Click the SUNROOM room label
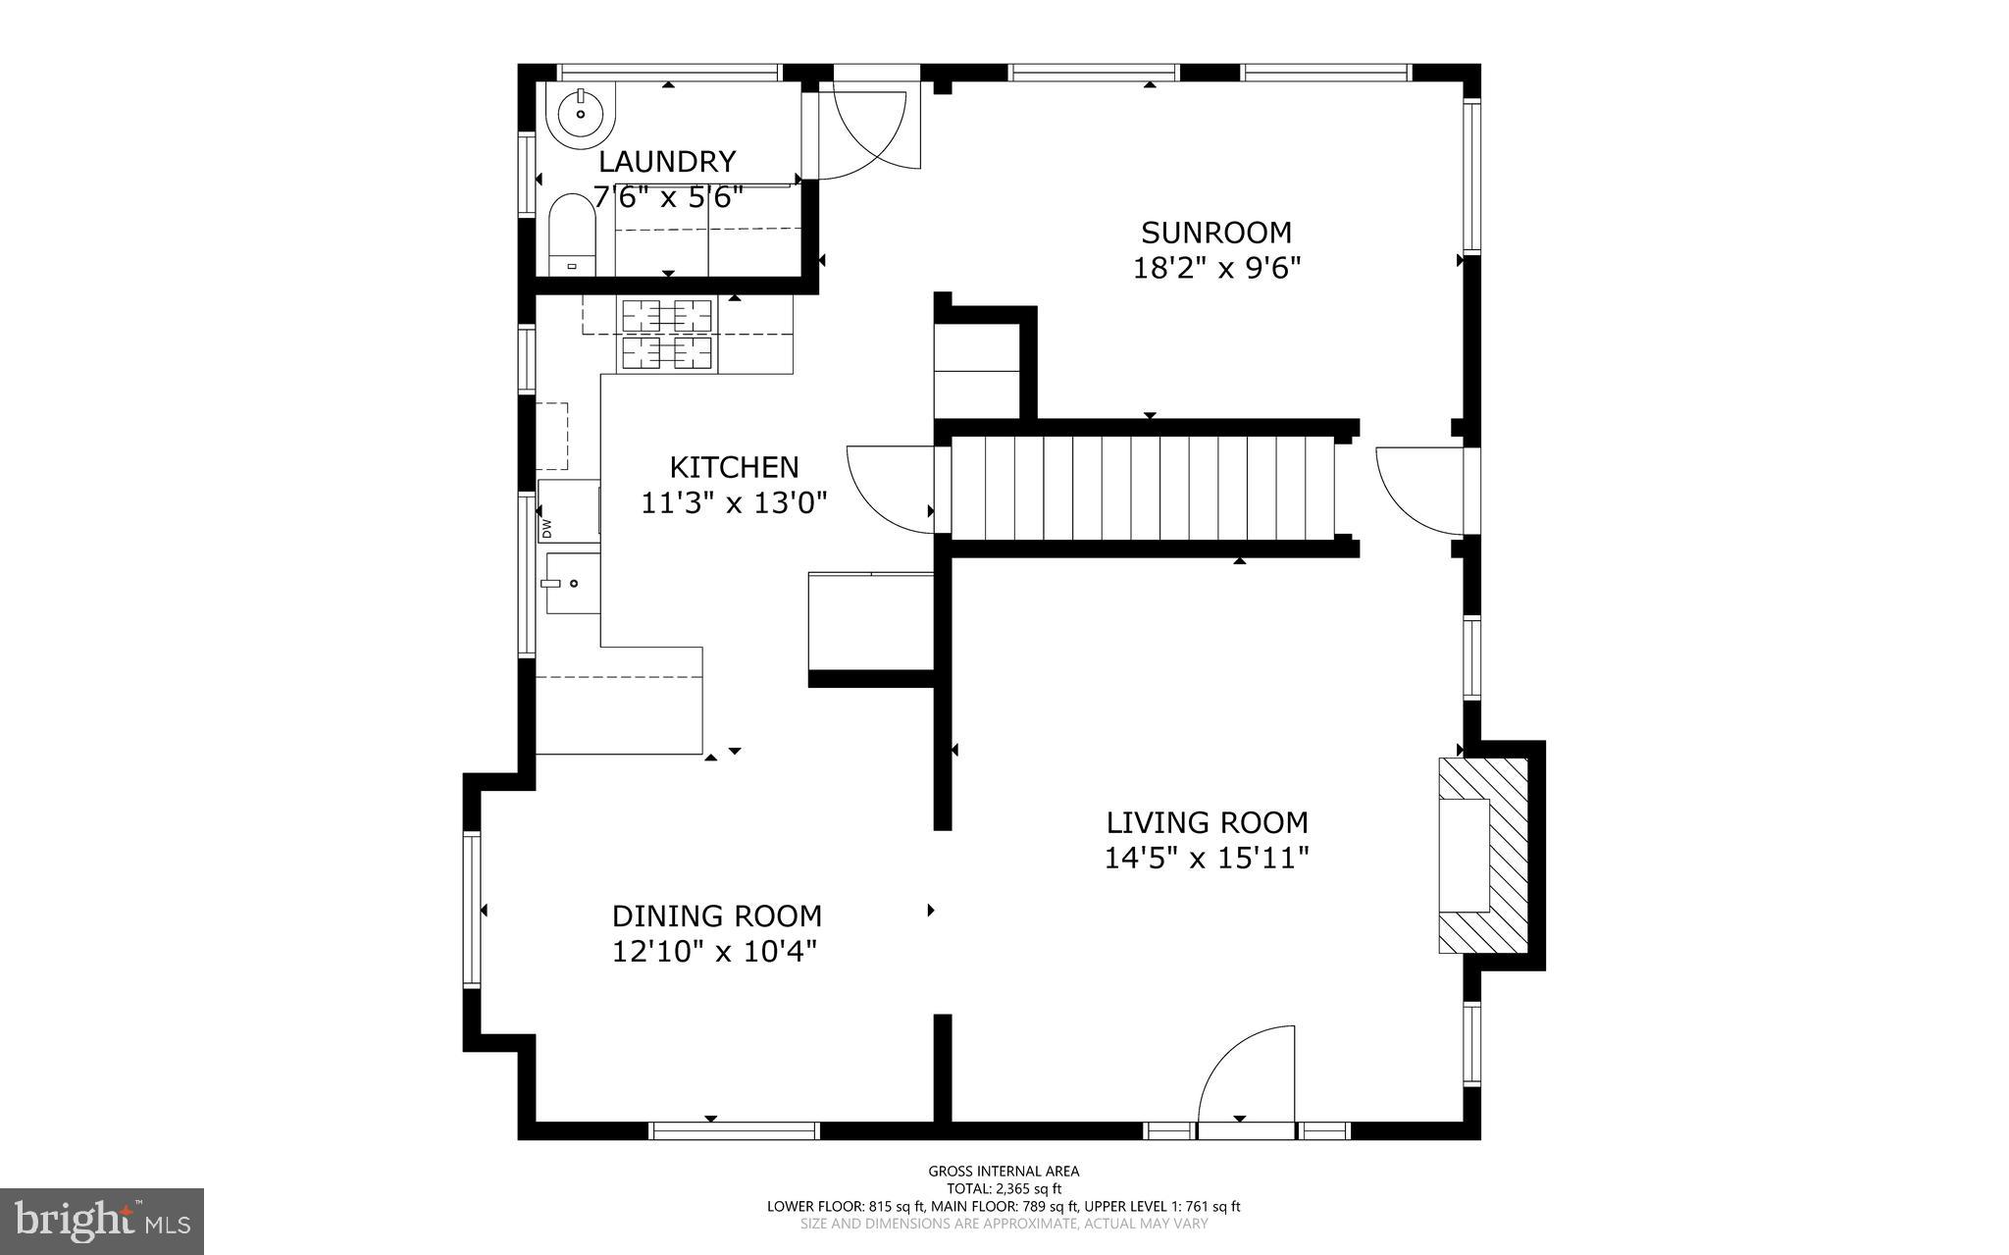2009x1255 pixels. point(1215,233)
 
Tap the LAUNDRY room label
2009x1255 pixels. point(667,161)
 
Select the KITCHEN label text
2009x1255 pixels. point(734,466)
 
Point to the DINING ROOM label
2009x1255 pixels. point(717,915)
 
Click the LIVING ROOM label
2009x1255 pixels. point(1207,822)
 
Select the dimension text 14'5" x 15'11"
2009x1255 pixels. point(1207,859)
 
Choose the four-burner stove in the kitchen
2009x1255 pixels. point(666,335)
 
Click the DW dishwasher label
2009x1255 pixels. point(546,528)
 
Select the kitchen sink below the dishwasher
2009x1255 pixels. point(572,583)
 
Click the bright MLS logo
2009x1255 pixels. point(102,1221)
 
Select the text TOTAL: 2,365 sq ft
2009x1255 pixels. point(1004,1188)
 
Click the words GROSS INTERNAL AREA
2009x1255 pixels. point(1004,1171)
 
